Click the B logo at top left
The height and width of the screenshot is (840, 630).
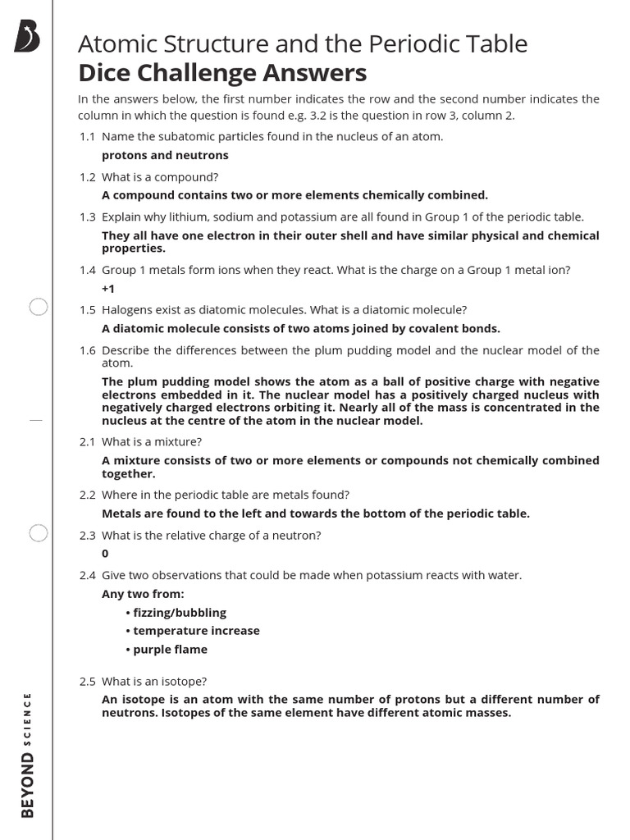pyautogui.click(x=27, y=38)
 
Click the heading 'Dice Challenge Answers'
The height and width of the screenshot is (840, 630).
pyautogui.click(x=222, y=73)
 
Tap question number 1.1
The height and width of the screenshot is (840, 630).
pyautogui.click(x=88, y=136)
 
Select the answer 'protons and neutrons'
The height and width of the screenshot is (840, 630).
pyautogui.click(x=165, y=155)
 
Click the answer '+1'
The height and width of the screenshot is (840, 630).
pyautogui.click(x=108, y=290)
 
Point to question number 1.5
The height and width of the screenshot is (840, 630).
pyautogui.click(x=88, y=309)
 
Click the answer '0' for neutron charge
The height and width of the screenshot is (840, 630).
pyautogui.click(x=105, y=554)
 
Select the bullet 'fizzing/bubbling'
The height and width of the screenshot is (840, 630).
pyautogui.click(x=176, y=613)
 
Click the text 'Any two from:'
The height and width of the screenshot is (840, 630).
pyautogui.click(x=143, y=594)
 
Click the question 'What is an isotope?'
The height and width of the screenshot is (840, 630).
pyautogui.click(x=154, y=681)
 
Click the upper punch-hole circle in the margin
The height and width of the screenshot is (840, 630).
pyautogui.click(x=39, y=308)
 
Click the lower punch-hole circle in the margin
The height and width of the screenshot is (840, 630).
pyautogui.click(x=39, y=533)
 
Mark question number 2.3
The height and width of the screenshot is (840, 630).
pyautogui.click(x=88, y=535)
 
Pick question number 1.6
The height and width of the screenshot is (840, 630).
pyautogui.click(x=88, y=350)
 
